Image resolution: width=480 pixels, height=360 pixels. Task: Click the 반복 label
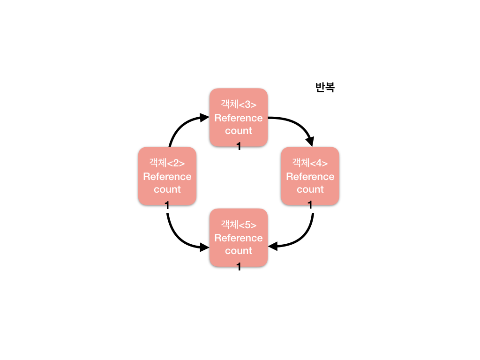click(325, 87)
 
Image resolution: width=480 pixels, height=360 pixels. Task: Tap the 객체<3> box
click(238, 117)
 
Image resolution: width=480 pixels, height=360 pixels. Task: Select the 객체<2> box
click(167, 176)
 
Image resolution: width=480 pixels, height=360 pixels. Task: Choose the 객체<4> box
click(310, 176)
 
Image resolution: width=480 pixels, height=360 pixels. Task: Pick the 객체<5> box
click(238, 238)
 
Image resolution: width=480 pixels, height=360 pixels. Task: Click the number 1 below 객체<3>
click(239, 147)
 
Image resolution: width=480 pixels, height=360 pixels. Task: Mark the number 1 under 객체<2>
click(167, 205)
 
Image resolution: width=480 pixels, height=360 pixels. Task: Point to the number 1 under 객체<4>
click(310, 205)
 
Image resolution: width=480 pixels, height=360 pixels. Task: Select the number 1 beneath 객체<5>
click(239, 267)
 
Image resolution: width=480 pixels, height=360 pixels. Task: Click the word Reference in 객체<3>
click(238, 118)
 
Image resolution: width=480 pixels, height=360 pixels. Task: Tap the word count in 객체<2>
click(167, 189)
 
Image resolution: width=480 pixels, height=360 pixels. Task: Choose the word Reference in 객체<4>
click(310, 177)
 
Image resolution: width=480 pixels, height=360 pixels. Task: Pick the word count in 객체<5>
click(238, 251)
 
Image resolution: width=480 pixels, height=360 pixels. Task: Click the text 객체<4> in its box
click(310, 163)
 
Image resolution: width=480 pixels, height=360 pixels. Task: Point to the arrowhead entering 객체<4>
click(309, 141)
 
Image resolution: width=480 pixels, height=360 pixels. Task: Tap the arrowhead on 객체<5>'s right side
click(272, 246)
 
